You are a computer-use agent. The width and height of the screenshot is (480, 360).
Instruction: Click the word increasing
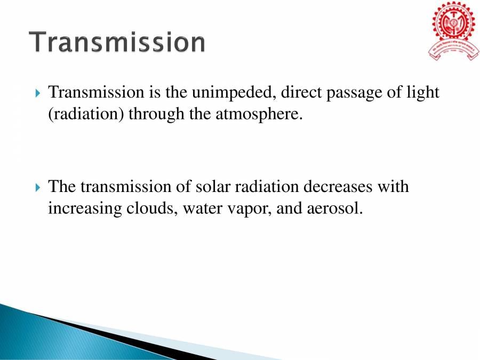click(83, 209)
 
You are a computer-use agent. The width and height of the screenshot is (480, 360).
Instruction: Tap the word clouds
click(150, 208)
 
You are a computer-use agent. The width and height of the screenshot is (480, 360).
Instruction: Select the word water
click(202, 209)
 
